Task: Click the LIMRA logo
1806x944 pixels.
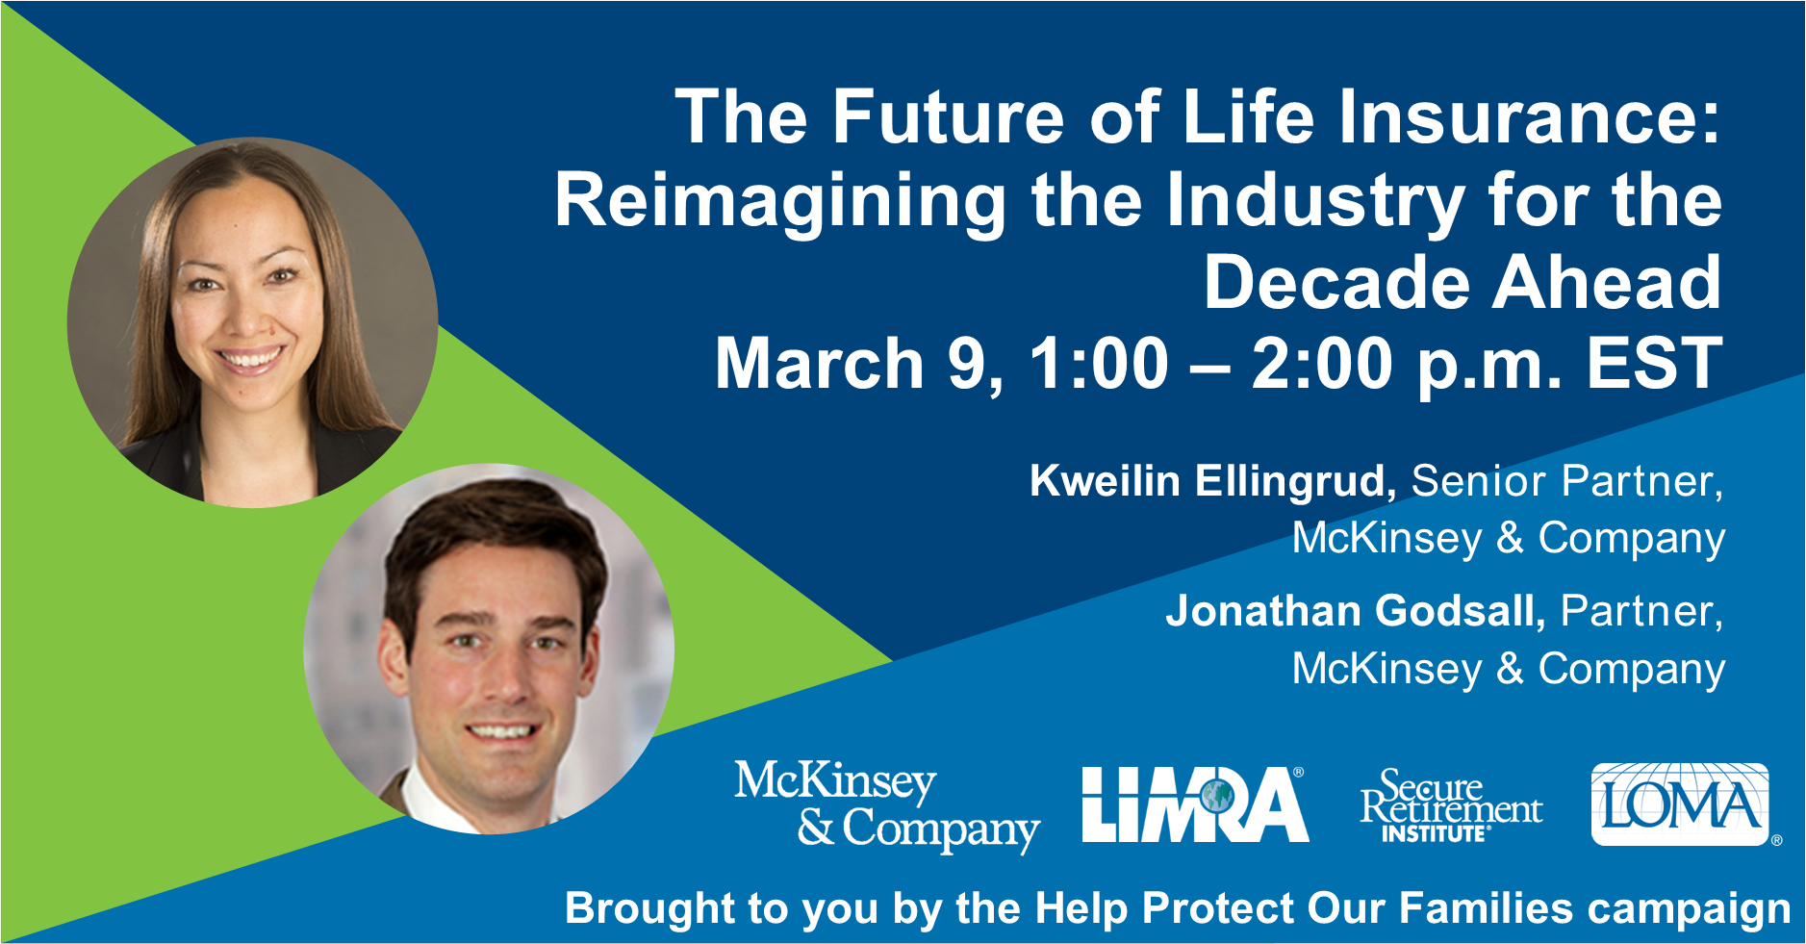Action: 1195,804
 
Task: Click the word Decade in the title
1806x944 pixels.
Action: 1336,283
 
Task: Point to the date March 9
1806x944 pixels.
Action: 859,365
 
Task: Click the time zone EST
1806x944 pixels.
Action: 1654,364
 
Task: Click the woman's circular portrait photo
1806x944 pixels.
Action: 252,322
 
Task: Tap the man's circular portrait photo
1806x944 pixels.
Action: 489,649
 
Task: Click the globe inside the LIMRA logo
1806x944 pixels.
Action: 1216,797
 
